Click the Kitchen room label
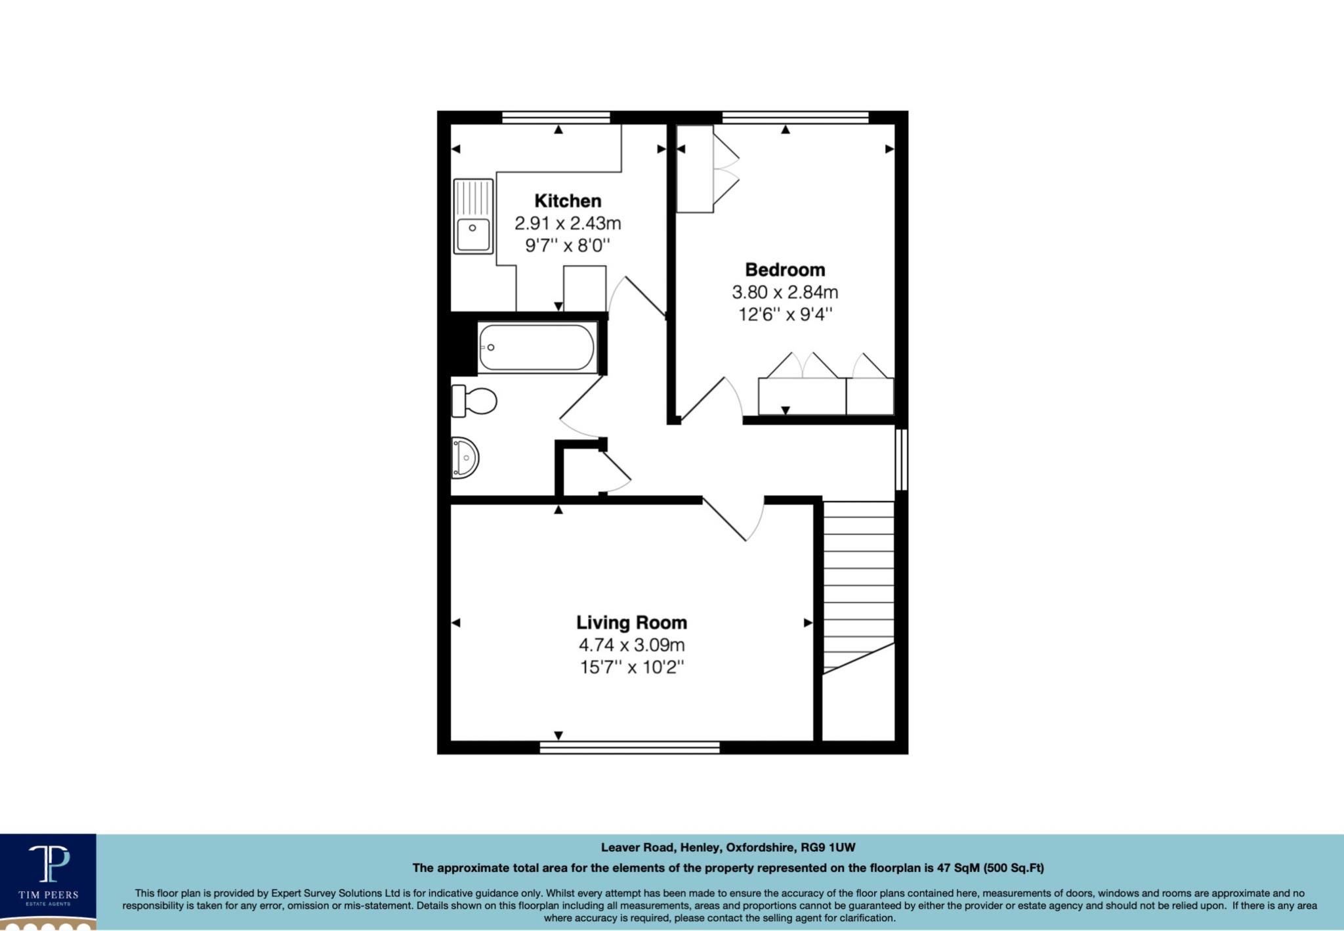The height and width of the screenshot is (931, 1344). (x=568, y=201)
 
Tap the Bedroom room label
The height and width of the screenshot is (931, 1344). (x=785, y=270)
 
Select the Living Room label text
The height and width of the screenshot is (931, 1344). (x=631, y=622)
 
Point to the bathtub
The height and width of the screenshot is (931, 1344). (x=537, y=347)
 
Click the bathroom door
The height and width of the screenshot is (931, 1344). (x=581, y=407)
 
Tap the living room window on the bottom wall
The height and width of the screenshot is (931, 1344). (x=629, y=747)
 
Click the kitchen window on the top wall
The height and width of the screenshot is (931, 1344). (x=556, y=118)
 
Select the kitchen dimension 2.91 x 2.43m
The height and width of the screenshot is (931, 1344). (x=568, y=224)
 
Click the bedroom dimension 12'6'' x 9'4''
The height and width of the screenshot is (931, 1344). (x=785, y=314)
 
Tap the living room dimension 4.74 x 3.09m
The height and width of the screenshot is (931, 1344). (x=631, y=645)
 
